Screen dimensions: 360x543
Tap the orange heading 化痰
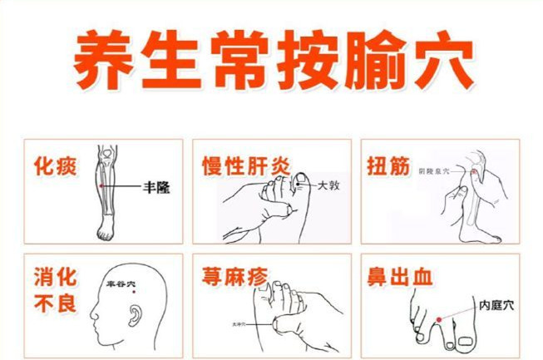tap(56, 166)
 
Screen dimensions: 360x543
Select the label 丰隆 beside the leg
tap(156, 189)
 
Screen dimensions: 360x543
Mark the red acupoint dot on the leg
tap(101, 187)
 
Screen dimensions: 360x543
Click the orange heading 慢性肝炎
tap(246, 166)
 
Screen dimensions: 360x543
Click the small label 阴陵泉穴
tap(456, 170)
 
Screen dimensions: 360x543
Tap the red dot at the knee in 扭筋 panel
tap(475, 171)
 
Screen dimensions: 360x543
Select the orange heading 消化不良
tap(56, 288)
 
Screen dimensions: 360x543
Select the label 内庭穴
tap(496, 305)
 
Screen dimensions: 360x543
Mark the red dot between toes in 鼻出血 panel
tap(437, 319)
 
